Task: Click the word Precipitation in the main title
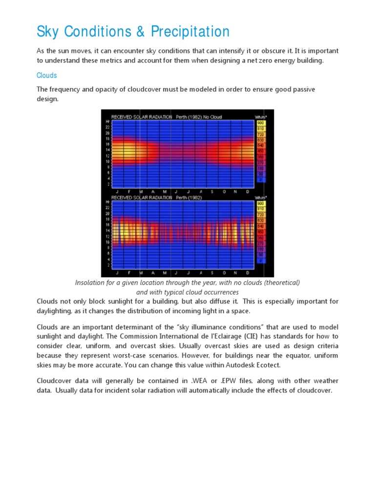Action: coord(190,32)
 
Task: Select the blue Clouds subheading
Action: coord(47,75)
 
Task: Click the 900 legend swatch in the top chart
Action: coord(261,122)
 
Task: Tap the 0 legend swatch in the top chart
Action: coord(261,180)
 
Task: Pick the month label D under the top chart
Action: coord(248,191)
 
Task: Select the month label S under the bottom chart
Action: coord(212,273)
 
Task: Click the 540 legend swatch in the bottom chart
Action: coord(261,227)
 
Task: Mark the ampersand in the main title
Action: coord(139,32)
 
